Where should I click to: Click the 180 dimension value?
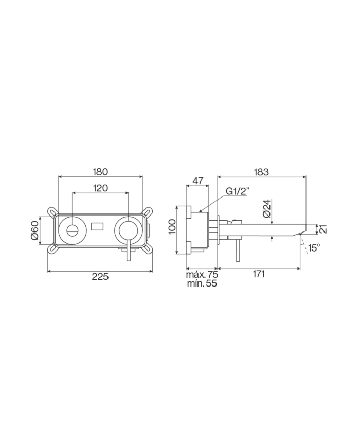[100, 172]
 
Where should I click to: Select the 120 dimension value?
[100, 188]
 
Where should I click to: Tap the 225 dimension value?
[100, 276]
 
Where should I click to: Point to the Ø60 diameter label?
[35, 230]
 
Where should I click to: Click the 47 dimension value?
[197, 181]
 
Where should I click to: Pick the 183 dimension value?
[261, 172]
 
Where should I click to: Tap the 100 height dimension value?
[172, 227]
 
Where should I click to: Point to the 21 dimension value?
[323, 229]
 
